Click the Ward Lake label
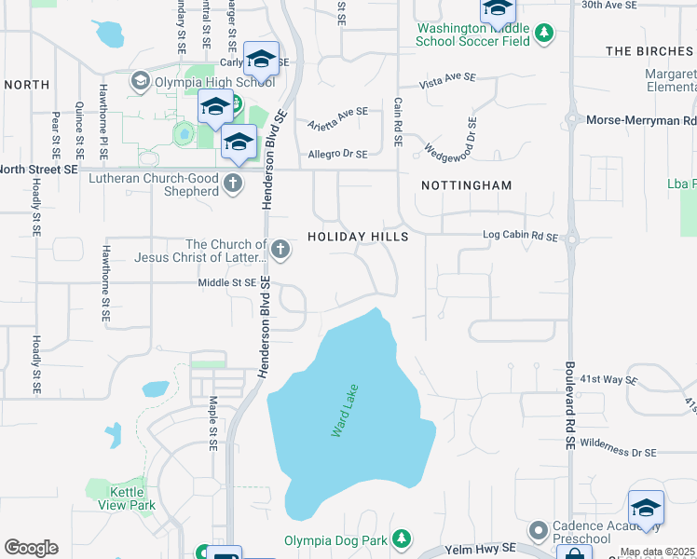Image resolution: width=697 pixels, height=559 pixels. point(345,411)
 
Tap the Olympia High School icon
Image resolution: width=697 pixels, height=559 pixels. point(140,81)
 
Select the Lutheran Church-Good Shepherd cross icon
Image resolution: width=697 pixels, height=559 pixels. point(233,184)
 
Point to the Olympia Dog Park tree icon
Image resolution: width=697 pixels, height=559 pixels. point(401,539)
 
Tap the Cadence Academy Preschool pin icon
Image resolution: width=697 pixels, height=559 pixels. point(538,531)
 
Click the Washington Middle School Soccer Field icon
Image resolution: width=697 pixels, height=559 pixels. point(545,34)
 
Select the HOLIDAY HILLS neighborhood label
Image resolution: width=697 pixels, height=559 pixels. point(359,238)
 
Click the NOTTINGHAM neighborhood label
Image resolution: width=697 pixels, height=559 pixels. point(466,185)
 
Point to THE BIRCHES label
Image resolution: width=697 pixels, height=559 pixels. point(649,51)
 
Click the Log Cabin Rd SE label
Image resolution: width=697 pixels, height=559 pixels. point(519,238)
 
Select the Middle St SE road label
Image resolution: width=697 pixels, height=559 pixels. point(226,282)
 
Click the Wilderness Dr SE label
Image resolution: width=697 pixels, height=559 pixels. point(618,453)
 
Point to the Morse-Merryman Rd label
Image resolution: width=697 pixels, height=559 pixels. point(640,120)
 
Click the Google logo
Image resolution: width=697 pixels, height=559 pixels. point(31,548)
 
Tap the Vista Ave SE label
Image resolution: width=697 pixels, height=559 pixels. point(448,82)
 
